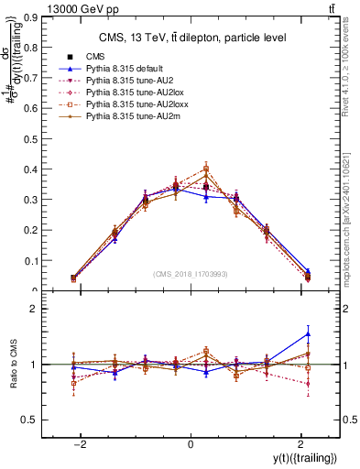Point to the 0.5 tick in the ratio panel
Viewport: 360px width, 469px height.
pyautogui.click(x=28, y=420)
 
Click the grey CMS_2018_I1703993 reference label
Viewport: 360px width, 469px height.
pyautogui.click(x=191, y=274)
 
